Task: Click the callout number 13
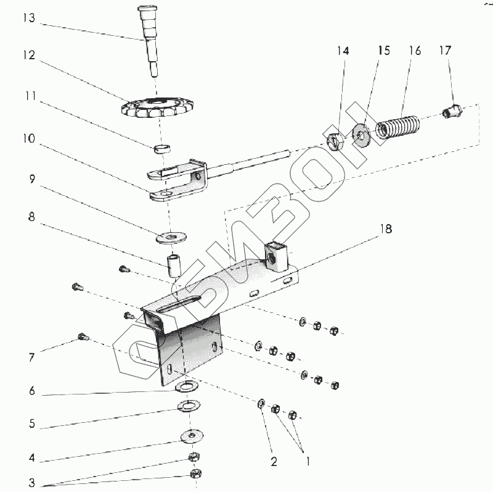pos(29,18)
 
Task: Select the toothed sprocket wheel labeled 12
pos(157,108)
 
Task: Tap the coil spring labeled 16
pos(397,127)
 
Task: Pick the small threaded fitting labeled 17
pos(452,112)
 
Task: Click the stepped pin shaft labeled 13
pos(149,41)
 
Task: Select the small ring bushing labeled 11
pos(162,149)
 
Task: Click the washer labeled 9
pos(171,237)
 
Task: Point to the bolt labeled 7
pos(83,337)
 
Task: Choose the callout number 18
pos(386,229)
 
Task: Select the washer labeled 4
pos(192,436)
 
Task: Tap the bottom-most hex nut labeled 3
pos(196,473)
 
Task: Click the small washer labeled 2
pos(261,404)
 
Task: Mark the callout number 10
pos(29,138)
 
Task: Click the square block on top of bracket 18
pos(276,256)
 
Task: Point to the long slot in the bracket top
pos(179,304)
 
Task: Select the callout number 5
pos(32,423)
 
